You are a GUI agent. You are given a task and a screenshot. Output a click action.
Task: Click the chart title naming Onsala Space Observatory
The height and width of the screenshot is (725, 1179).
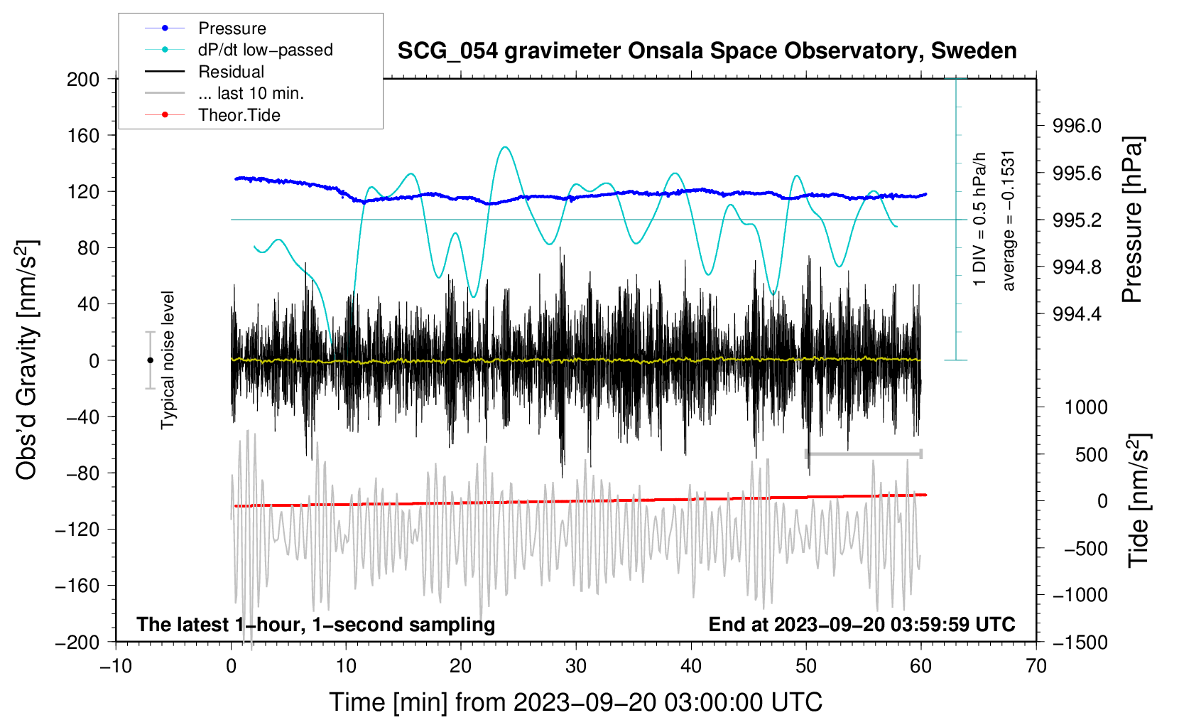pyautogui.click(x=707, y=51)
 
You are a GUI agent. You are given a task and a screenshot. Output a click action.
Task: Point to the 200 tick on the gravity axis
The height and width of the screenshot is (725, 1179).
pyautogui.click(x=82, y=80)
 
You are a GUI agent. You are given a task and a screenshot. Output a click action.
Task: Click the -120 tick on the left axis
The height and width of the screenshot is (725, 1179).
pyautogui.click(x=77, y=530)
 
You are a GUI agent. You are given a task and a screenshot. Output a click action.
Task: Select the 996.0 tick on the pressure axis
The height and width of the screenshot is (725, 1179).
pyautogui.click(x=1077, y=126)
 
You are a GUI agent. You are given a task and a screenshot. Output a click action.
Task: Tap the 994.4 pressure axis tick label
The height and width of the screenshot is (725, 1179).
pyautogui.click(x=1077, y=314)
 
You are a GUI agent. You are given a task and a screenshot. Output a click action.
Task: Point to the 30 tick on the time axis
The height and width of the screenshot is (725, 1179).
pyautogui.click(x=576, y=667)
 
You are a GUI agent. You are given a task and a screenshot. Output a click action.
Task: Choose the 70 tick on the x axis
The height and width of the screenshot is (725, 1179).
pyautogui.click(x=1036, y=667)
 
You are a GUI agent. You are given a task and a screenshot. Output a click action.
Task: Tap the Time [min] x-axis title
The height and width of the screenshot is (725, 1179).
pyautogui.click(x=576, y=703)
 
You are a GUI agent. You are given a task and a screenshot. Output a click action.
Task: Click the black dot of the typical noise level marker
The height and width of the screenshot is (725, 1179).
pyautogui.click(x=150, y=360)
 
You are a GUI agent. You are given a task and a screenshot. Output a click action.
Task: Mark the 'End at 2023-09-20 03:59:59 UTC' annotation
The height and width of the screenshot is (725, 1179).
pyautogui.click(x=862, y=624)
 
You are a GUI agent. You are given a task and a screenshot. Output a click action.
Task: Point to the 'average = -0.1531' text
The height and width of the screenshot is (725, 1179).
pyautogui.click(x=1008, y=221)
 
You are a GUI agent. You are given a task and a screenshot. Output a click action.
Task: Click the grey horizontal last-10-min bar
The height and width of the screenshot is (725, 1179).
pyautogui.click(x=863, y=453)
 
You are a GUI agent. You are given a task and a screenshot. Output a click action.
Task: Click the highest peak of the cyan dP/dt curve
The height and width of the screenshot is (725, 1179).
pyautogui.click(x=505, y=147)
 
